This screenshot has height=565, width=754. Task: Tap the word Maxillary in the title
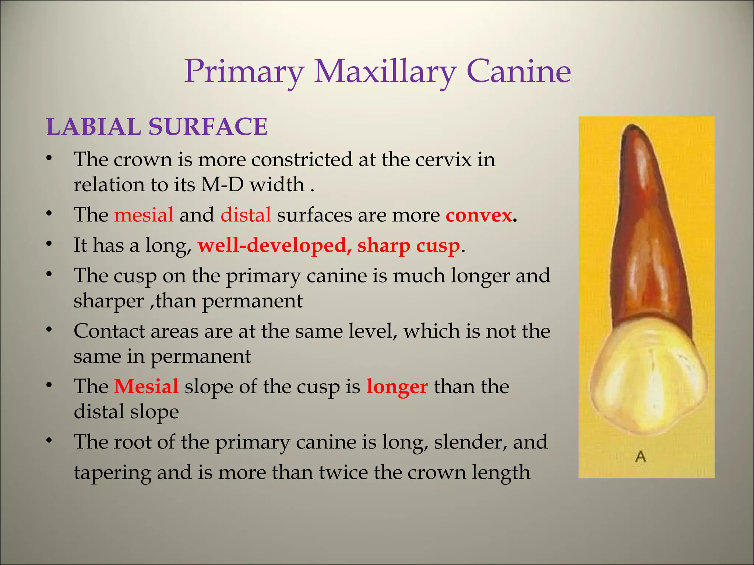(385, 72)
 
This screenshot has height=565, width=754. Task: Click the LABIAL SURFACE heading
(157, 127)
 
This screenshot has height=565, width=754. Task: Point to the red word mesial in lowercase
(144, 215)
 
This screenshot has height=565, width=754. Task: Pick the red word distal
(246, 215)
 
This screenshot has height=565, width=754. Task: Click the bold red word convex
(478, 216)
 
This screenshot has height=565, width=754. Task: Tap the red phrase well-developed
(272, 245)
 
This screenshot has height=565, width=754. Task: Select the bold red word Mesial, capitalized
(146, 387)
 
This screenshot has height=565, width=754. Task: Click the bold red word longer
(397, 387)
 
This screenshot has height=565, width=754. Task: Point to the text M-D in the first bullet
(222, 184)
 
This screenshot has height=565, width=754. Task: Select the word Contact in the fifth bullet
(110, 331)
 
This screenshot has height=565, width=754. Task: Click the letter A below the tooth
(641, 457)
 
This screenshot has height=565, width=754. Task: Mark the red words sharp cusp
(408, 246)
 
